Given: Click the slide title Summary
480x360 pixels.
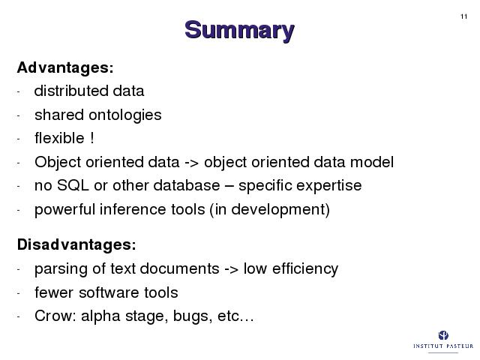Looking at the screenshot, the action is [x=239, y=31].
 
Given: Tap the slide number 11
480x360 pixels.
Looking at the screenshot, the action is [x=463, y=16].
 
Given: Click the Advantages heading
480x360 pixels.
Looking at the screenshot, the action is [x=65, y=67].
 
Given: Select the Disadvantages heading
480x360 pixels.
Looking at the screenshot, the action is [x=76, y=244].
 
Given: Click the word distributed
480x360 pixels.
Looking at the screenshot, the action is [x=71, y=91].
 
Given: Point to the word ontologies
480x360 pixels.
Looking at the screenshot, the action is [x=125, y=115].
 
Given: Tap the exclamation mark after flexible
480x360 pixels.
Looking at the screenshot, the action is [x=92, y=138].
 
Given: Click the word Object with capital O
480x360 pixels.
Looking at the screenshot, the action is [x=58, y=162].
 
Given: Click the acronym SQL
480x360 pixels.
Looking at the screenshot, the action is [x=73, y=185].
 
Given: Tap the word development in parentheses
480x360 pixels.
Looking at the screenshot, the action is [x=277, y=210].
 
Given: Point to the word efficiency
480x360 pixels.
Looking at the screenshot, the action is [x=305, y=269].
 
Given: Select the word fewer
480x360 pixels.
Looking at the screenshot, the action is [x=54, y=292].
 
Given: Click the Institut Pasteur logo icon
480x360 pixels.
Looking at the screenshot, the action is [x=443, y=335].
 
